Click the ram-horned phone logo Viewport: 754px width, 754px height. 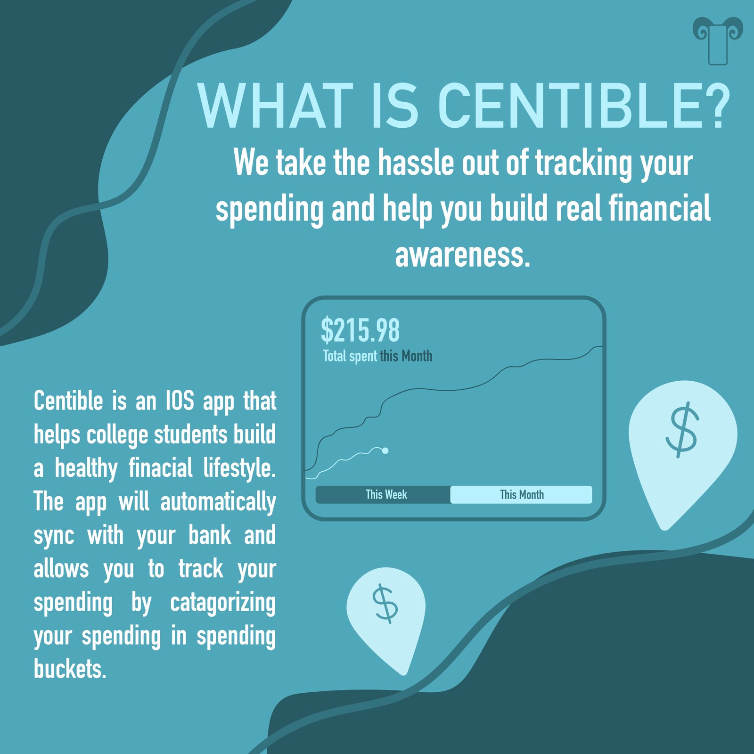(718, 41)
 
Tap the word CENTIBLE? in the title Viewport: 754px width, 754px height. (584, 107)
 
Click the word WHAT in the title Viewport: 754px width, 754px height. (276, 107)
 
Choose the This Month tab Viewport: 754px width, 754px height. (521, 495)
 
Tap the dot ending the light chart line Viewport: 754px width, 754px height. (385, 451)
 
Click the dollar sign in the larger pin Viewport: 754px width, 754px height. (682, 429)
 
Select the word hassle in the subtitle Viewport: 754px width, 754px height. (417, 162)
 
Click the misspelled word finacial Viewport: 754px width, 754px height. (160, 468)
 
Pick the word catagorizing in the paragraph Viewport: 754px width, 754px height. (223, 604)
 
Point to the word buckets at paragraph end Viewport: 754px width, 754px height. (70, 669)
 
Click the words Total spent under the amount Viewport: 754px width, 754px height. (350, 356)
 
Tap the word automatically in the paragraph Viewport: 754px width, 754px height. (218, 502)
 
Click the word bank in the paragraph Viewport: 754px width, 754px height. (210, 535)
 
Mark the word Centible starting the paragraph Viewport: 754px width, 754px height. (68, 401)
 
